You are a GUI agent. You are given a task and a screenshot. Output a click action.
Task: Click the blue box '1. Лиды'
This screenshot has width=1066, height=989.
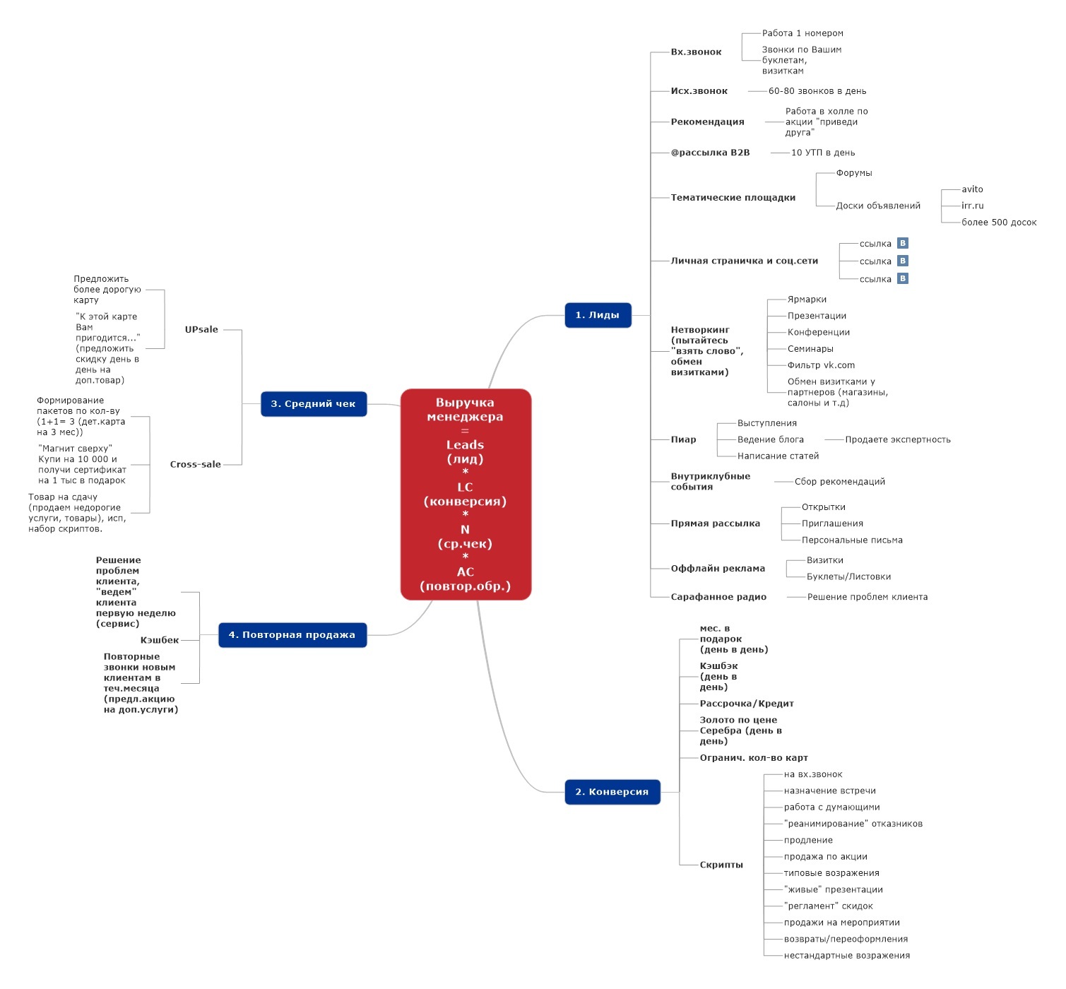coord(598,314)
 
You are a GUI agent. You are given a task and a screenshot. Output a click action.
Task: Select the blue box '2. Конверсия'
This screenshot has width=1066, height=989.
coord(612,791)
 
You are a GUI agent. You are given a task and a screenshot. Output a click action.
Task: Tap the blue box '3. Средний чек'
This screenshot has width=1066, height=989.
coord(314,403)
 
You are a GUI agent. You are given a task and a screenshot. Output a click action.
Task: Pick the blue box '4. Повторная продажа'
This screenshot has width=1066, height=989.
coord(292,634)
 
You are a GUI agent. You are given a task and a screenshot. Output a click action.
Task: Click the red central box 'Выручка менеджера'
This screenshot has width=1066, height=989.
coord(466,494)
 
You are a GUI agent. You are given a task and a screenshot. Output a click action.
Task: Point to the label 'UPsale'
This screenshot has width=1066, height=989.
coord(201,329)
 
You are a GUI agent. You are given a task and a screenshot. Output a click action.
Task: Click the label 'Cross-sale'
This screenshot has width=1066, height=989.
coord(196,464)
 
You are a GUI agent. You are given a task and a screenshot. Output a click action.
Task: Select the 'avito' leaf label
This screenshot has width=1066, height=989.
coord(972,189)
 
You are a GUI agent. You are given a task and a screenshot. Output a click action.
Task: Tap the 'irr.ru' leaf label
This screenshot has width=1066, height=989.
coord(972,206)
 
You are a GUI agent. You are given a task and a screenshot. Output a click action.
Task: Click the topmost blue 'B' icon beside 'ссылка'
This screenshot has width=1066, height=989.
coord(902,243)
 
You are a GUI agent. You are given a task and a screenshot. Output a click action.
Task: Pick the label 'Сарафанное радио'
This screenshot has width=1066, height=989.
coord(718,596)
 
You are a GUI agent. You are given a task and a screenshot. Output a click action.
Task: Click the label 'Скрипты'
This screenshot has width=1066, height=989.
coord(721,865)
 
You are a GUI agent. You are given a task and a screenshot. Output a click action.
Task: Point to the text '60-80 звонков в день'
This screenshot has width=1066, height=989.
coord(817,90)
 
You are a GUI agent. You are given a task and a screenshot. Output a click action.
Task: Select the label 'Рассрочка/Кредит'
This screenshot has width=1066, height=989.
coord(746,704)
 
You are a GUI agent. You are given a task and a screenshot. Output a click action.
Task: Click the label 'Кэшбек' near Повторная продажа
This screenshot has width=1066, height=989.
coord(160,639)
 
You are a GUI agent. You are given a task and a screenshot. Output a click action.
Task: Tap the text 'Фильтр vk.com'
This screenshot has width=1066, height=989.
coord(821,365)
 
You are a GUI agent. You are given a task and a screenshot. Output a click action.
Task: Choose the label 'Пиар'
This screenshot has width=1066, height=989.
coord(682,439)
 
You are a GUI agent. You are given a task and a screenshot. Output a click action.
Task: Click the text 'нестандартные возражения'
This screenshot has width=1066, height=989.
coord(846,955)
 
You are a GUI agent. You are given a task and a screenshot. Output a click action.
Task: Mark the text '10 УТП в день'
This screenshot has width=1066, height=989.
coord(823,153)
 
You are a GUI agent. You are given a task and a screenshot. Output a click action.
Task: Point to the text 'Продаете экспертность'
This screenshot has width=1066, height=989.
coord(897,439)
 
